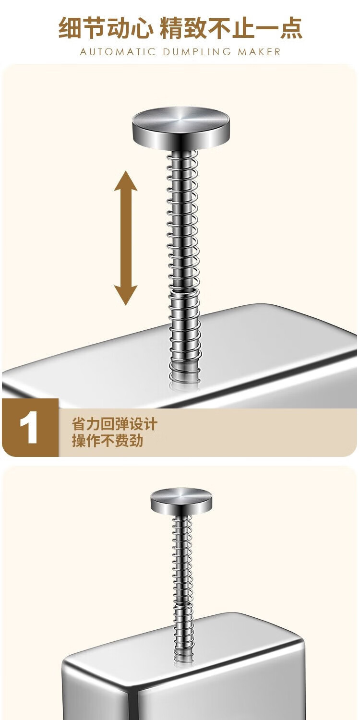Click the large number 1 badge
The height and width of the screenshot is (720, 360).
coord(28,427)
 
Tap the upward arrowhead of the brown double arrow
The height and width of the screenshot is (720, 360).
coord(126,181)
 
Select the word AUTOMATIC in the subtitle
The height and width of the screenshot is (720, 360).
coord(118,52)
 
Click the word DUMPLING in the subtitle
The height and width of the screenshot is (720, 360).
coord(197,52)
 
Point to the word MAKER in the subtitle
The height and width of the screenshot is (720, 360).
coord(259,52)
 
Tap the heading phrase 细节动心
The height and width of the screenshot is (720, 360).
coord(106,28)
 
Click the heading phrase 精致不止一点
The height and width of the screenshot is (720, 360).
coord(231,28)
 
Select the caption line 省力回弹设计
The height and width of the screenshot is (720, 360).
coord(114,424)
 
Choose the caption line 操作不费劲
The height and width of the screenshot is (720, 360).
coord(108,440)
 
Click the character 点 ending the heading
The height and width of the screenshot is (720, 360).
coord(290,28)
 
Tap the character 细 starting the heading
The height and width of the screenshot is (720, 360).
coord(70,28)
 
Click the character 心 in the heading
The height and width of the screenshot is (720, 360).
coord(142,28)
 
